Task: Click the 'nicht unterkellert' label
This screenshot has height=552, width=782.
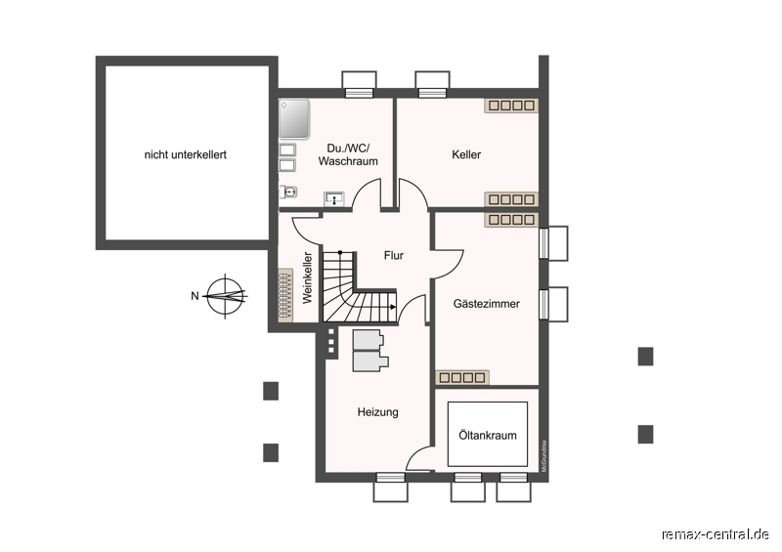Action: click(x=186, y=154)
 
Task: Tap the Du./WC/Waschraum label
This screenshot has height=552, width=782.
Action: click(x=348, y=154)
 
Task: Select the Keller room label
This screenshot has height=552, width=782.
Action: click(x=466, y=154)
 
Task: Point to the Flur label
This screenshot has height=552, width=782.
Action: click(x=394, y=255)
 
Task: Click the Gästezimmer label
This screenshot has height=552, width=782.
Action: click(x=486, y=303)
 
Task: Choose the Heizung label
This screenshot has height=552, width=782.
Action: click(x=377, y=412)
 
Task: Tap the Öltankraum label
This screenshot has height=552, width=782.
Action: click(x=487, y=435)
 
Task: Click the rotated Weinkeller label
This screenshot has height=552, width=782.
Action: click(x=307, y=277)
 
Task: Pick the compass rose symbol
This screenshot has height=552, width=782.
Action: click(x=227, y=296)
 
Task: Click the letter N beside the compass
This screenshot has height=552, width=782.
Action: click(x=195, y=296)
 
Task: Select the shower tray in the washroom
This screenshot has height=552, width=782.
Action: click(x=294, y=118)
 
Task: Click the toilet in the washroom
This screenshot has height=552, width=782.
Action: click(x=287, y=191)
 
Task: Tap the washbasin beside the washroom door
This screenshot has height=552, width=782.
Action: click(x=333, y=199)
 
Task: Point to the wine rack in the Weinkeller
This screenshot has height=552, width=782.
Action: click(x=285, y=295)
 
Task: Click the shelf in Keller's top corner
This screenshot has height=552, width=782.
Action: click(x=511, y=106)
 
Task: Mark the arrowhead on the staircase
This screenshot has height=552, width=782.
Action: click(x=393, y=307)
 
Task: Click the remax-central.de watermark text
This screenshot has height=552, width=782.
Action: click(x=716, y=534)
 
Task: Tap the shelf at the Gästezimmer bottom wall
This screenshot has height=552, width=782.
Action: click(x=461, y=377)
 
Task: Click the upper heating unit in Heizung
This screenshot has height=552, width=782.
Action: click(x=369, y=340)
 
